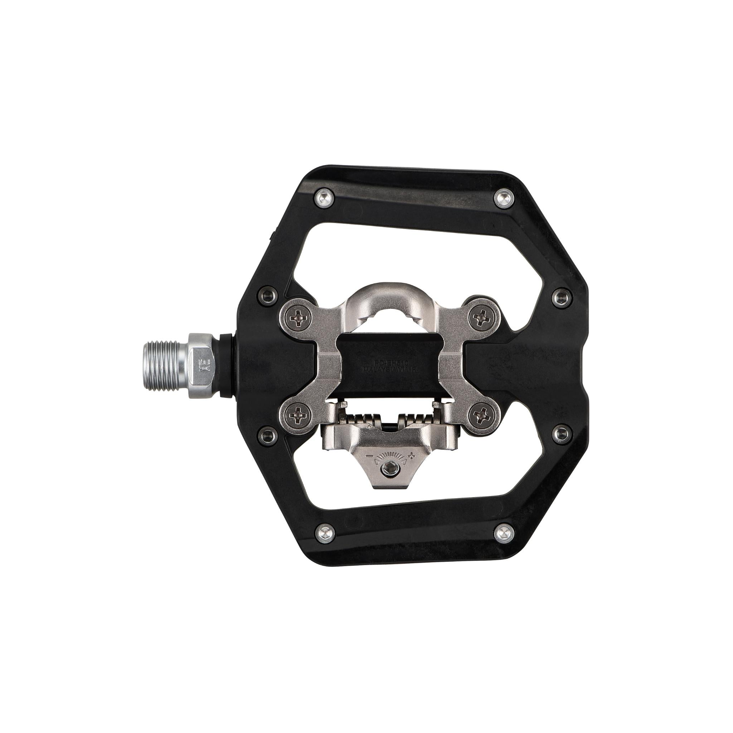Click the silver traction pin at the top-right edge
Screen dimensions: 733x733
click(x=505, y=197)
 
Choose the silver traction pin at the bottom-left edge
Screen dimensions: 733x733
click(x=325, y=531)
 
